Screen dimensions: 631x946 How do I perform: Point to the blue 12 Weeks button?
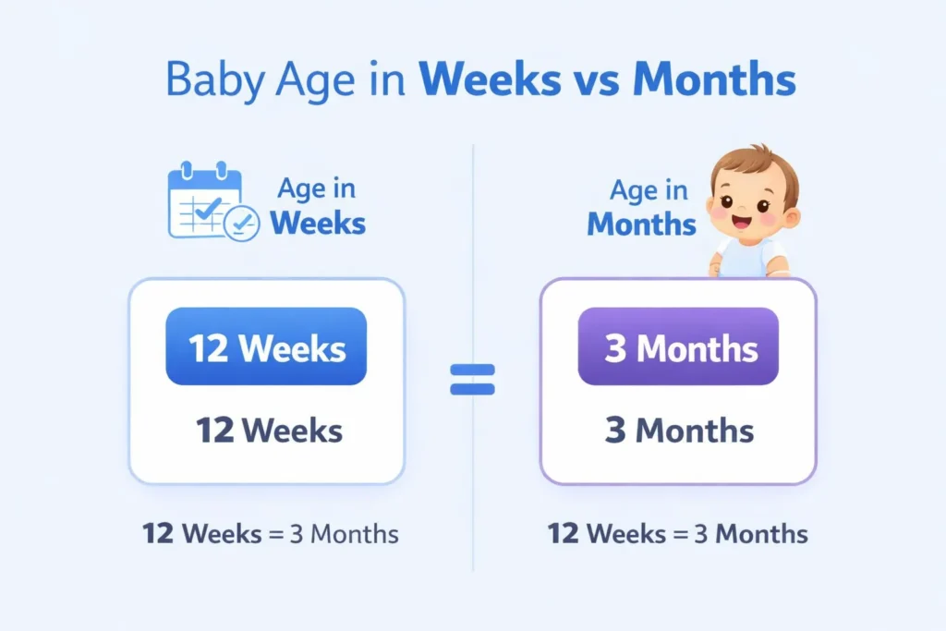pos(266,346)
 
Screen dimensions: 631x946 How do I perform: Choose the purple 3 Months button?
pos(678,346)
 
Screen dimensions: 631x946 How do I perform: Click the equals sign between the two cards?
pos(472,379)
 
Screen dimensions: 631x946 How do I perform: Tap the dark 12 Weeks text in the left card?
pos(269,430)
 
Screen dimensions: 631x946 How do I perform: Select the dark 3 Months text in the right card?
pos(679,430)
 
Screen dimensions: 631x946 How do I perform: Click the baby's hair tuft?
pos(759,152)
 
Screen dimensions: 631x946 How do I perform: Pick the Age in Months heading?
pos(643,207)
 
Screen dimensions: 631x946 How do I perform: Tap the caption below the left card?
pos(270,533)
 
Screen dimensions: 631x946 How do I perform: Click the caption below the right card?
pos(677,533)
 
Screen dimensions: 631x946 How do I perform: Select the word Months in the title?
pos(714,81)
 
